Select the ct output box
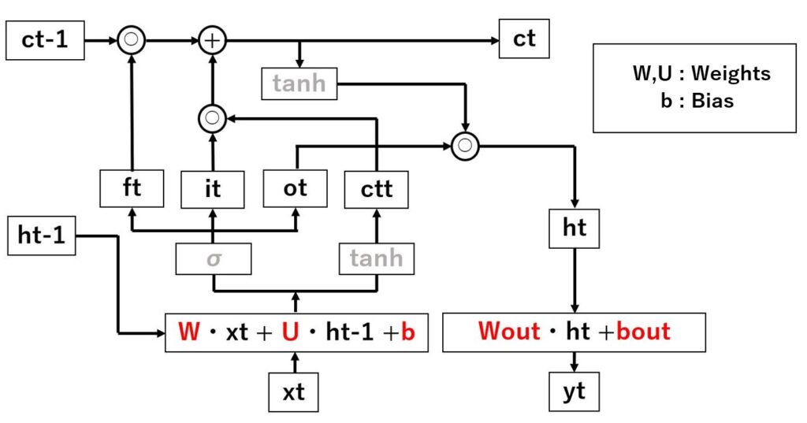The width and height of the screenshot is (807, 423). click(x=524, y=40)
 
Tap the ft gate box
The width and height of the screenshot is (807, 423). click(x=131, y=189)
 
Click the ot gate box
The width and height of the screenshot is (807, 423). click(x=295, y=189)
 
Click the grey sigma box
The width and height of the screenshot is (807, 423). click(x=213, y=258)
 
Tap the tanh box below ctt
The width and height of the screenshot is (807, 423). click(x=377, y=258)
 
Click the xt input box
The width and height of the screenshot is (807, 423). click(x=294, y=391)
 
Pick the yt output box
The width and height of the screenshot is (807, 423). click(x=575, y=391)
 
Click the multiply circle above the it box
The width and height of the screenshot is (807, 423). click(x=211, y=119)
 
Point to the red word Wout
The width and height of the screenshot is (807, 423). click(x=508, y=332)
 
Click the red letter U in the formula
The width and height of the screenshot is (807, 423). click(x=292, y=332)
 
